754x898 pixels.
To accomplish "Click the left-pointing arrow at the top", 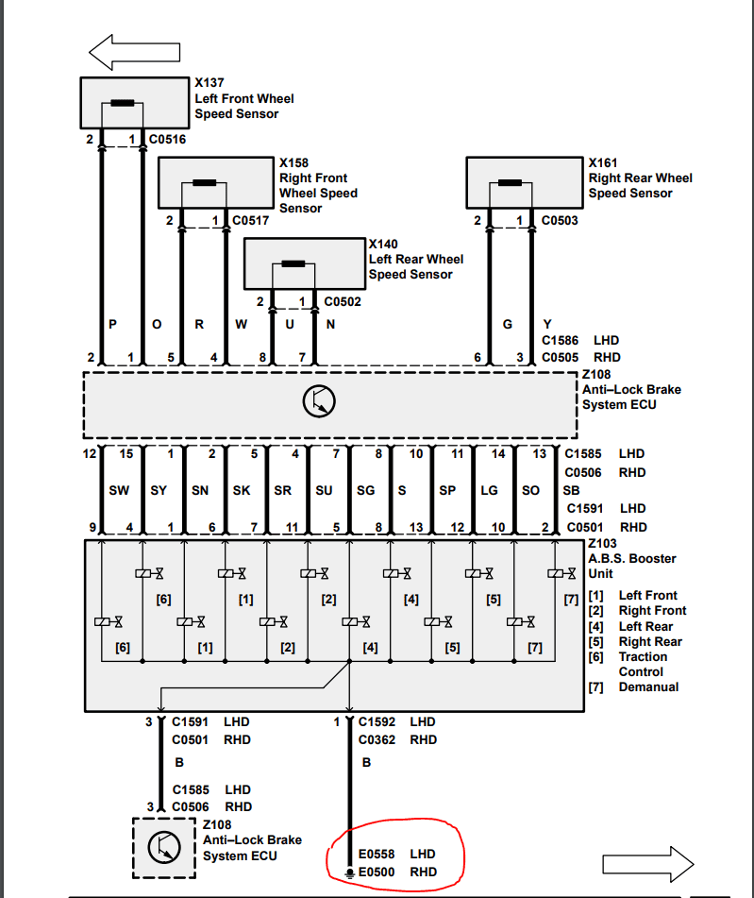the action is point(135,52).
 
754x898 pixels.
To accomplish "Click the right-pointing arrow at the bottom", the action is point(648,864).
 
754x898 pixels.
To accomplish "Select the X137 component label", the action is point(209,82).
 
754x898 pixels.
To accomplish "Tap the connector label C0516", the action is point(167,139).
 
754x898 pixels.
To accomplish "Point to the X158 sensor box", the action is point(216,182).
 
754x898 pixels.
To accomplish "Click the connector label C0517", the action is point(250,221).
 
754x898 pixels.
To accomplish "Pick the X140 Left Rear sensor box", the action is point(305,263).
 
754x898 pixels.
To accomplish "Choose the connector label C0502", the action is point(343,302).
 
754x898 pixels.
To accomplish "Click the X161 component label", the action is point(603,163).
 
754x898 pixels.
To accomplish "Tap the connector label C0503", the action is point(560,221).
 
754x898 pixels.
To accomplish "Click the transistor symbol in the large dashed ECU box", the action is point(319,401).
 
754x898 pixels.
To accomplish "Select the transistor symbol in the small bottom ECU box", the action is point(164,847).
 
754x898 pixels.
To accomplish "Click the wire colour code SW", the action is point(119,490).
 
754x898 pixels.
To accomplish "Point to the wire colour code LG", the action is point(489,490).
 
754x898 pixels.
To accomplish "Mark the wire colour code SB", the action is point(571,490).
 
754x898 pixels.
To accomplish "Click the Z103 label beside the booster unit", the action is point(602,544).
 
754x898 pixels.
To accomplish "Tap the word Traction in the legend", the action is point(643,657).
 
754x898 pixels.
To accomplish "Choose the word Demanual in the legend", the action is point(648,686).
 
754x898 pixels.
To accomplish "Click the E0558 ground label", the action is point(377,854).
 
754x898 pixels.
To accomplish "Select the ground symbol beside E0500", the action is point(349,873).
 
